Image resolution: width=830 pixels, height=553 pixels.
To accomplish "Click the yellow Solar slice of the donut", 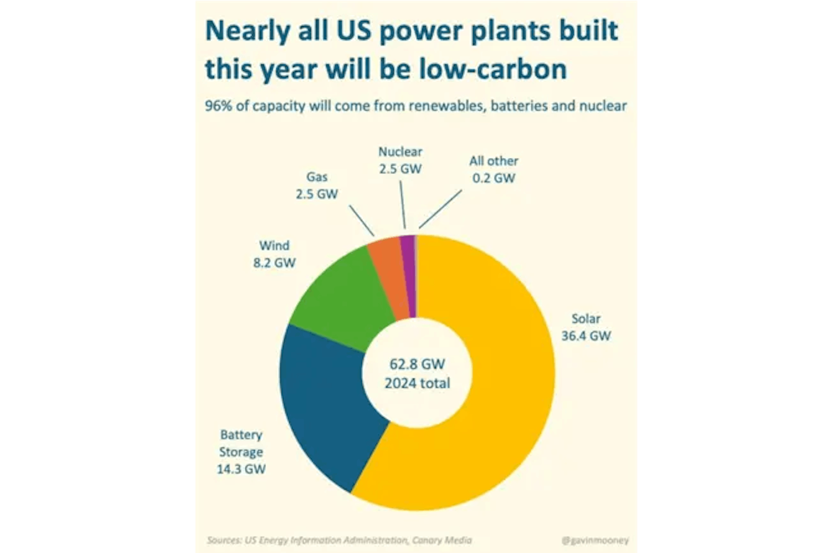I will pyautogui.click(x=498, y=394).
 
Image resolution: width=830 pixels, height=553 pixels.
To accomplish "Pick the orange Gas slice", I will pyautogui.click(x=388, y=278).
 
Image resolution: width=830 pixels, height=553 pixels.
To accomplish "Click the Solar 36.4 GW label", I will pyautogui.click(x=586, y=327).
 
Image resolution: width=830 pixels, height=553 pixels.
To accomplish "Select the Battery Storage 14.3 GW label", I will pyautogui.click(x=241, y=452).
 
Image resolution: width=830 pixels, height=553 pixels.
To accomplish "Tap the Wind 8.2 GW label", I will pyautogui.click(x=274, y=254).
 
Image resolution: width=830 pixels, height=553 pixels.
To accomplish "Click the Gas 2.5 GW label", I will pyautogui.click(x=317, y=185).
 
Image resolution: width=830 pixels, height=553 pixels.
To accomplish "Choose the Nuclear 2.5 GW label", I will pyautogui.click(x=400, y=160).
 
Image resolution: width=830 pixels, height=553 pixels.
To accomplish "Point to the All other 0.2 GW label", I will pyautogui.click(x=493, y=169).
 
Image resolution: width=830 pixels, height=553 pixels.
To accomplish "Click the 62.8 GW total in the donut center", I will pyautogui.click(x=417, y=365).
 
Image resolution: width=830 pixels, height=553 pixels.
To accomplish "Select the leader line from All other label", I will pyautogui.click(x=440, y=209).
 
